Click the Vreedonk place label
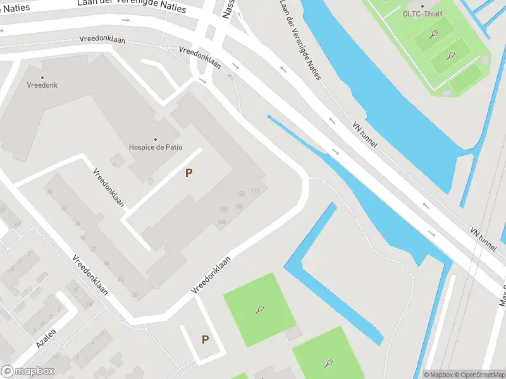[42, 85]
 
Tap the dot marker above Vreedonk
[42, 77]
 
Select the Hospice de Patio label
[156, 147]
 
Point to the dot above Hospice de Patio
[156, 139]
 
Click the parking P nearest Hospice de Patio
[188, 172]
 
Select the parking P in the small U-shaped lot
[205, 340]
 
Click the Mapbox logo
[28, 371]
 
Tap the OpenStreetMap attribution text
[479, 375]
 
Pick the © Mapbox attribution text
[438, 375]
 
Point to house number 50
[135, 295]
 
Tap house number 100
[221, 222]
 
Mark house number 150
[223, 209]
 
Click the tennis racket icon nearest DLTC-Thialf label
[434, 33]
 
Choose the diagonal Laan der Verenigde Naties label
[301, 39]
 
